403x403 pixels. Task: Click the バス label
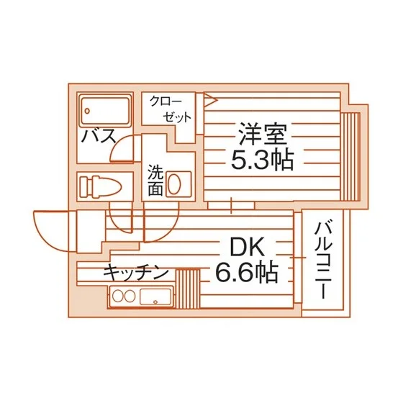pos(99,136)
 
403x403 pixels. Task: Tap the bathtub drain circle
pos(87,111)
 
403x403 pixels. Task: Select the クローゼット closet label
pos(171,109)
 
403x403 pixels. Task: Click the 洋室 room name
pos(262,134)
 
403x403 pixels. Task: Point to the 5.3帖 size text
pos(262,159)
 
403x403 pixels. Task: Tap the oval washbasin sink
pos(174,184)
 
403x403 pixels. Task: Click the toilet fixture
pos(100,187)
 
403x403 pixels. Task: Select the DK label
pos(247,248)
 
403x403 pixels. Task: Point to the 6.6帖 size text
pos(247,272)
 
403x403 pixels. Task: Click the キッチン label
pos(136,273)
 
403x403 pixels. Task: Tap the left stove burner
pos(118,296)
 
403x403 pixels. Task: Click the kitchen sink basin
pos(155,296)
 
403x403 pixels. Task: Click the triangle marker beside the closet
pos(210,99)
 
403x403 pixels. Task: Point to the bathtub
pos(105,111)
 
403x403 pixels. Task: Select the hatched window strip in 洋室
pos(350,156)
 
